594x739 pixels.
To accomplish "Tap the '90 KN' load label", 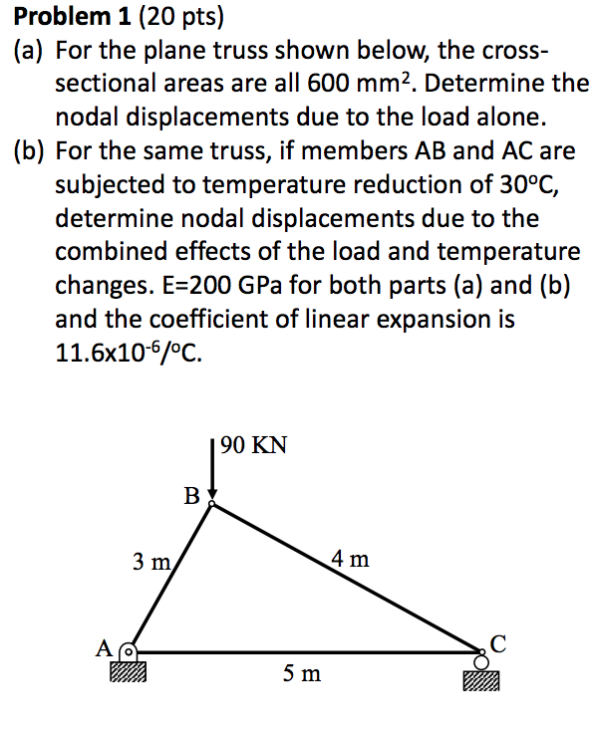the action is tap(254, 445).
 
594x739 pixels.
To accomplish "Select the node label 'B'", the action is tap(192, 494).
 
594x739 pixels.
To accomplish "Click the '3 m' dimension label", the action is tap(152, 562).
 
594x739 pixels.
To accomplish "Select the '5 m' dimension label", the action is tap(301, 674).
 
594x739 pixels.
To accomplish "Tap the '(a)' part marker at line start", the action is tap(30, 51).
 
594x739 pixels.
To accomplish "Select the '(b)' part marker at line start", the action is tap(30, 151).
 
